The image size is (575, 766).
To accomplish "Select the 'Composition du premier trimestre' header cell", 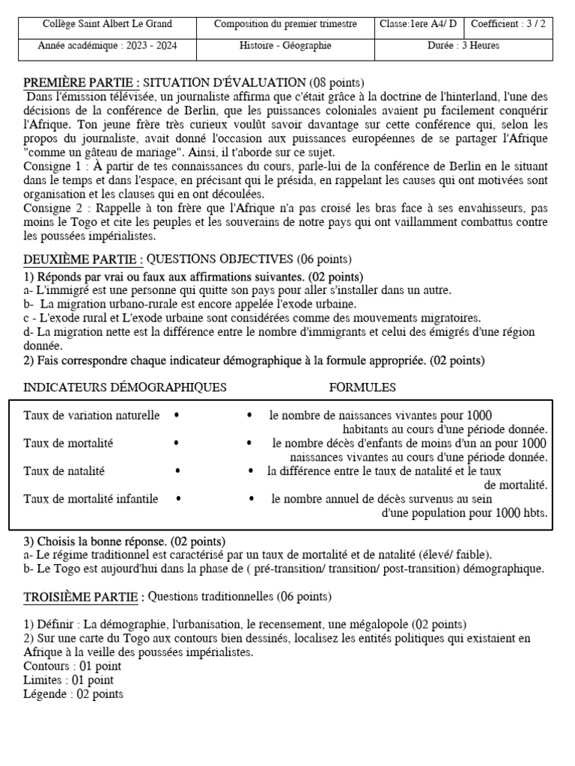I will click(285, 24).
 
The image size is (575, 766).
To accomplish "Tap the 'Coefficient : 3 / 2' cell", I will click(508, 24).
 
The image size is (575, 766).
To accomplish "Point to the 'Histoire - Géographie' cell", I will click(285, 46).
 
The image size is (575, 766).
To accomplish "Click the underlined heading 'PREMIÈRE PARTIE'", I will click(80, 82).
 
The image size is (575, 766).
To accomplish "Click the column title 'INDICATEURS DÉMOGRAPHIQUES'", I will click(125, 387).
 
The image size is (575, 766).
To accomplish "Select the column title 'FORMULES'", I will click(362, 387).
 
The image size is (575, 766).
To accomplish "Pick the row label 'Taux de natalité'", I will click(64, 471).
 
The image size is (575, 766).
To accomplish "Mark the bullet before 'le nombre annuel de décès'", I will click(250, 499).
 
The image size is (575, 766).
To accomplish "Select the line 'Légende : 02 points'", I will click(73, 694).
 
